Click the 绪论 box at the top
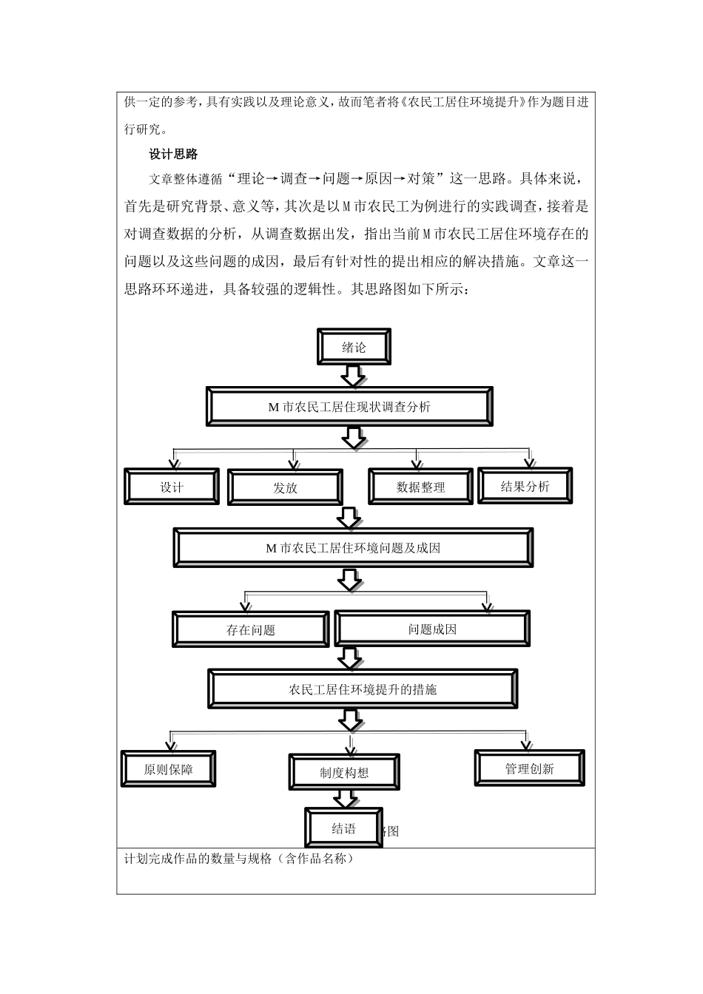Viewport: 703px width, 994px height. pos(354,347)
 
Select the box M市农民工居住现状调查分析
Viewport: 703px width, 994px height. pos(349,407)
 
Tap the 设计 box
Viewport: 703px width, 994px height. pos(172,487)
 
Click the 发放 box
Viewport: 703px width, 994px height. pos(285,487)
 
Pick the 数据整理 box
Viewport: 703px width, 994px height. pos(420,487)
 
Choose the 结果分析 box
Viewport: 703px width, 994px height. pos(525,486)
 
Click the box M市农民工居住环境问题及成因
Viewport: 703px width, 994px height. pos(353,548)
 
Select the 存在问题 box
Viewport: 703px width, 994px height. pos(250,629)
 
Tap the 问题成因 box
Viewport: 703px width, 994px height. pos(432,629)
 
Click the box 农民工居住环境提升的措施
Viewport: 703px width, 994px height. pos(363,689)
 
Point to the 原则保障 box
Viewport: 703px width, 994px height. pos(168,769)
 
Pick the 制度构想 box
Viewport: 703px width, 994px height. pos(344,772)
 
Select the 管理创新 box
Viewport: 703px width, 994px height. pos(529,768)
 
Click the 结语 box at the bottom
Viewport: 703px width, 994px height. pos(343,828)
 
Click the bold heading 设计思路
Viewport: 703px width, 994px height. pos(173,154)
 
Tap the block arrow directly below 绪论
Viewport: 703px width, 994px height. pos(354,376)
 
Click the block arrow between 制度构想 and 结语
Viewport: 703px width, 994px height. pos(345,799)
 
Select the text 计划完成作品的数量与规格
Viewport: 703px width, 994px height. pos(238,859)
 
